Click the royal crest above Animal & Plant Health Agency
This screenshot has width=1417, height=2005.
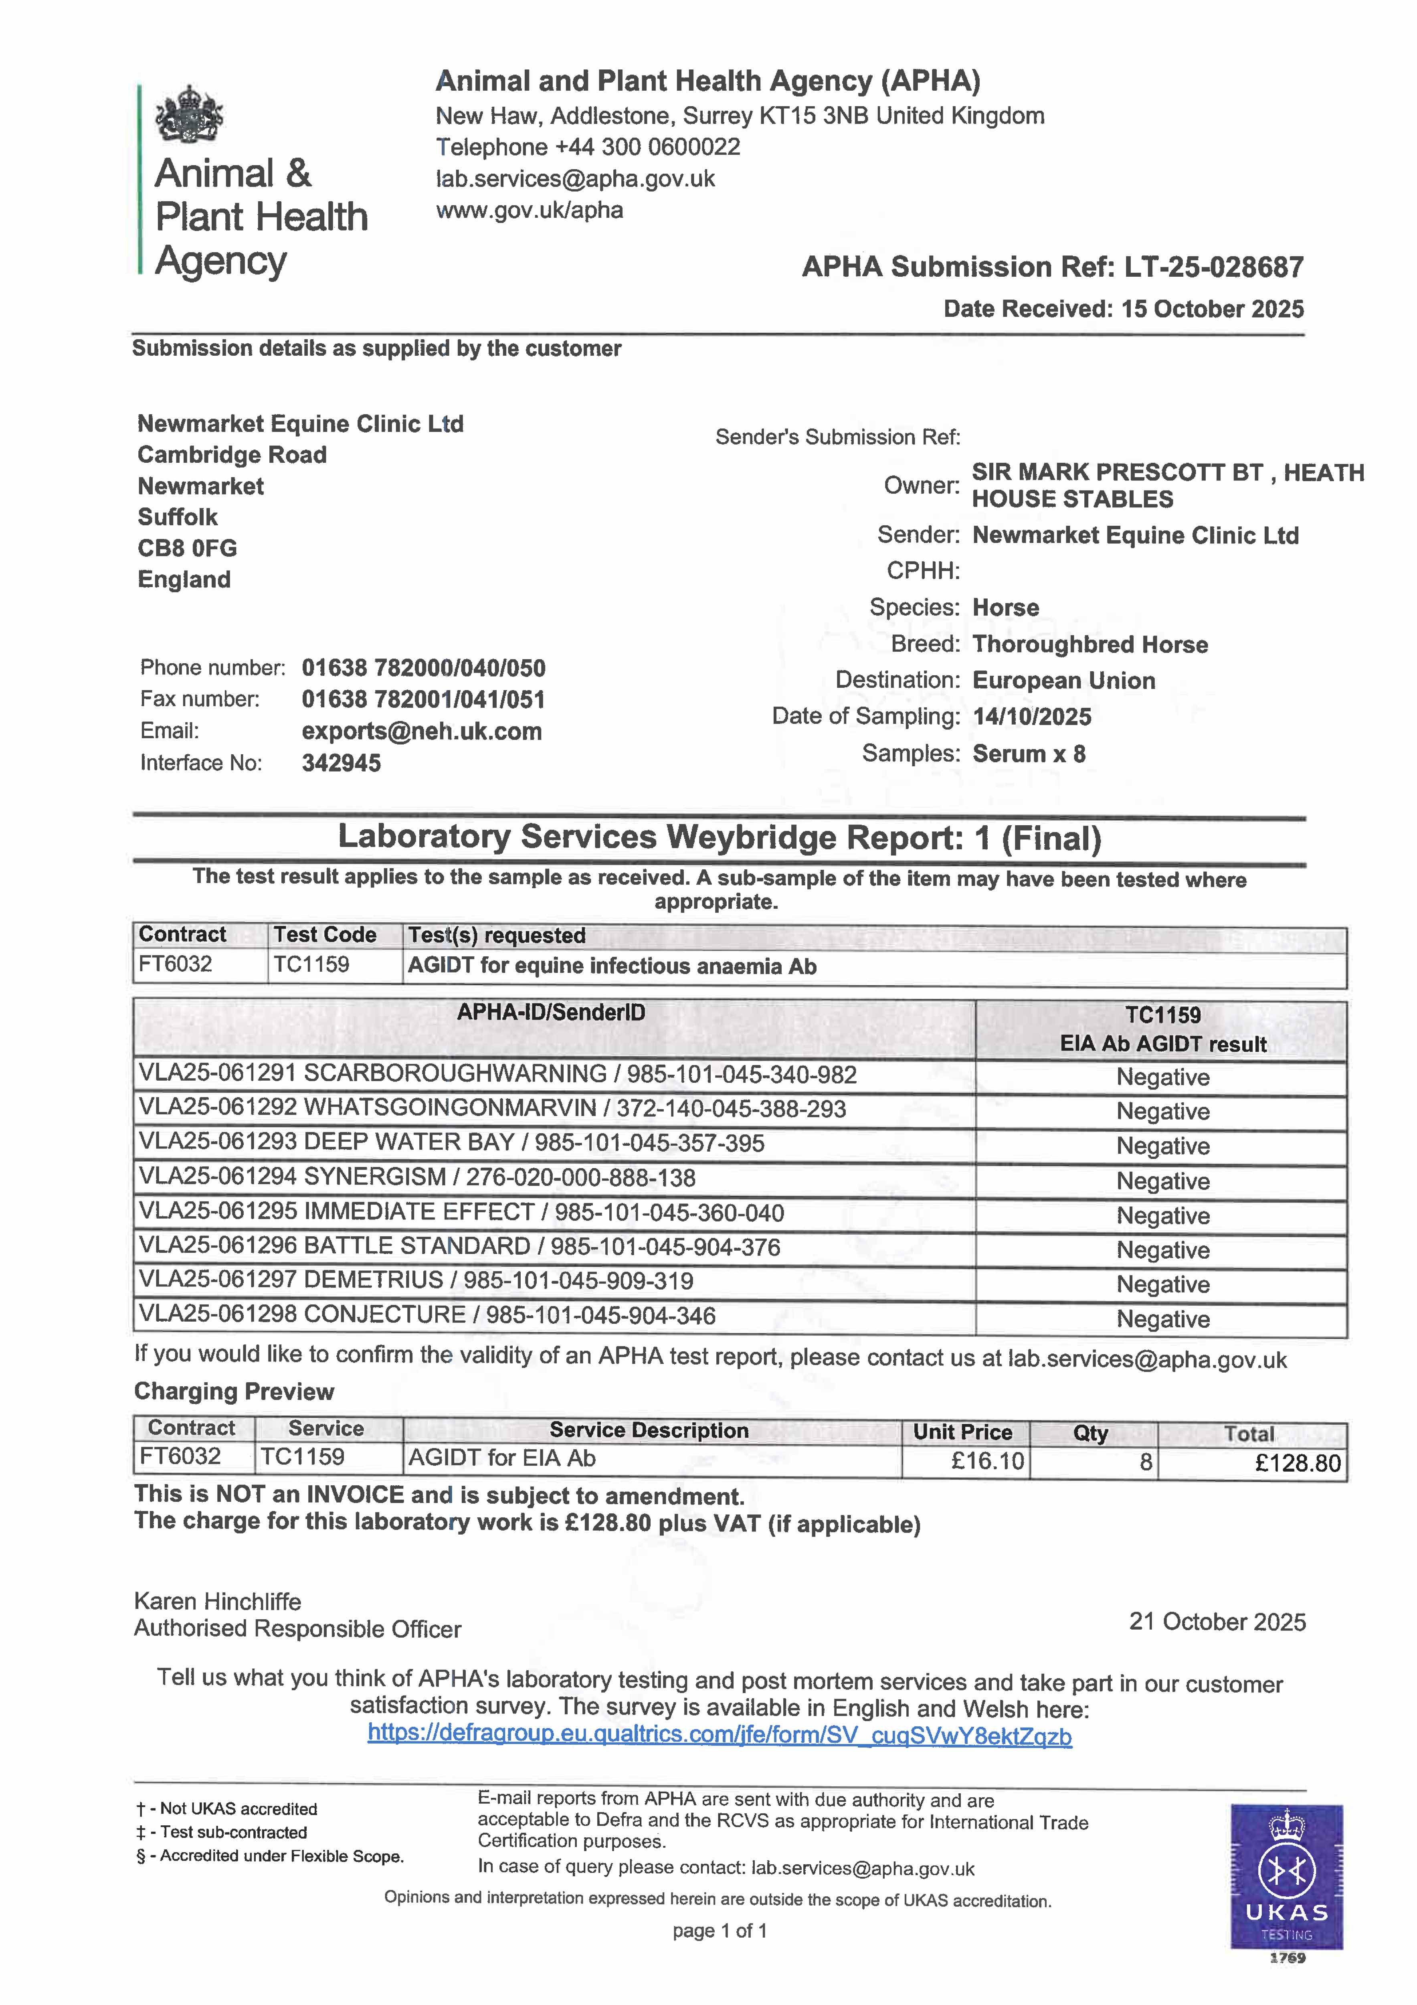(x=188, y=114)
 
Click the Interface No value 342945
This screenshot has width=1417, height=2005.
(x=342, y=763)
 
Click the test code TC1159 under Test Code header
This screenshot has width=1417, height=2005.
(x=312, y=965)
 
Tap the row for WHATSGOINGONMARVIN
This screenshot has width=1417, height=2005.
(x=492, y=1109)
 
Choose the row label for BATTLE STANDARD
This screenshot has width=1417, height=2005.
(x=459, y=1247)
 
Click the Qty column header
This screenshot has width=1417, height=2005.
(x=1090, y=1433)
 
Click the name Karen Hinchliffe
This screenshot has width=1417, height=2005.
(x=217, y=1602)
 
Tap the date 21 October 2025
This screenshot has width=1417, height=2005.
(x=1217, y=1622)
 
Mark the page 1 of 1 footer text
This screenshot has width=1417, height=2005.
(x=720, y=1931)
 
